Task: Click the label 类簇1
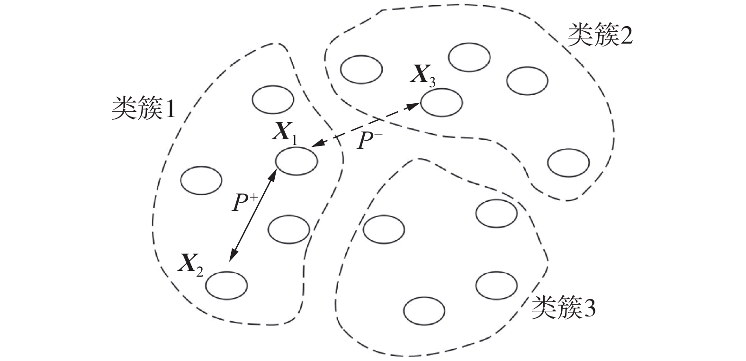click(143, 109)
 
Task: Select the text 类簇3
click(563, 309)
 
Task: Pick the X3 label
click(422, 76)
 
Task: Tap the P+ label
click(243, 203)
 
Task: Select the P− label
click(369, 141)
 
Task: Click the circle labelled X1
click(297, 161)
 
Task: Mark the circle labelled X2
click(226, 286)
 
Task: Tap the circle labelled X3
click(441, 102)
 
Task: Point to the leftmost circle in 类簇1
click(201, 180)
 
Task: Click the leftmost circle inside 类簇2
click(361, 70)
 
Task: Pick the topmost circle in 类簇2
click(469, 57)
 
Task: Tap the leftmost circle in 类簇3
click(384, 229)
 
